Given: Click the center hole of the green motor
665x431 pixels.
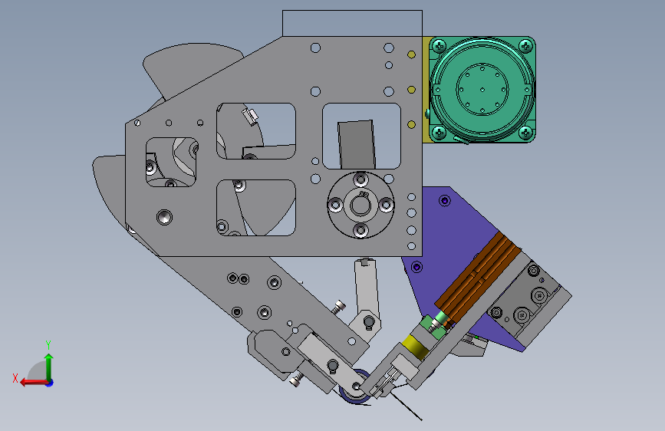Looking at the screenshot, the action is tap(482, 90).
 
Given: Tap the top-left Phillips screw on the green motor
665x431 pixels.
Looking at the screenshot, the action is tap(439, 45).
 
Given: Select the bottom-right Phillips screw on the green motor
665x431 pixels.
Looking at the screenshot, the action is tap(525, 133).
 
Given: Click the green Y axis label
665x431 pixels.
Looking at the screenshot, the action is tap(48, 345).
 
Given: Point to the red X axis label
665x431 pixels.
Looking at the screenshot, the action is tap(15, 378).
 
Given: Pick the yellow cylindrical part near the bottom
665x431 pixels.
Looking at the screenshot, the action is tap(415, 347).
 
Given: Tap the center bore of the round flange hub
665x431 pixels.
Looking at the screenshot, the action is tap(360, 206).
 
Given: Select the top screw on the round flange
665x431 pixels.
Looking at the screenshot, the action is tap(360, 179).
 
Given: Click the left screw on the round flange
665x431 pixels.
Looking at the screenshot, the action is tap(335, 206).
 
